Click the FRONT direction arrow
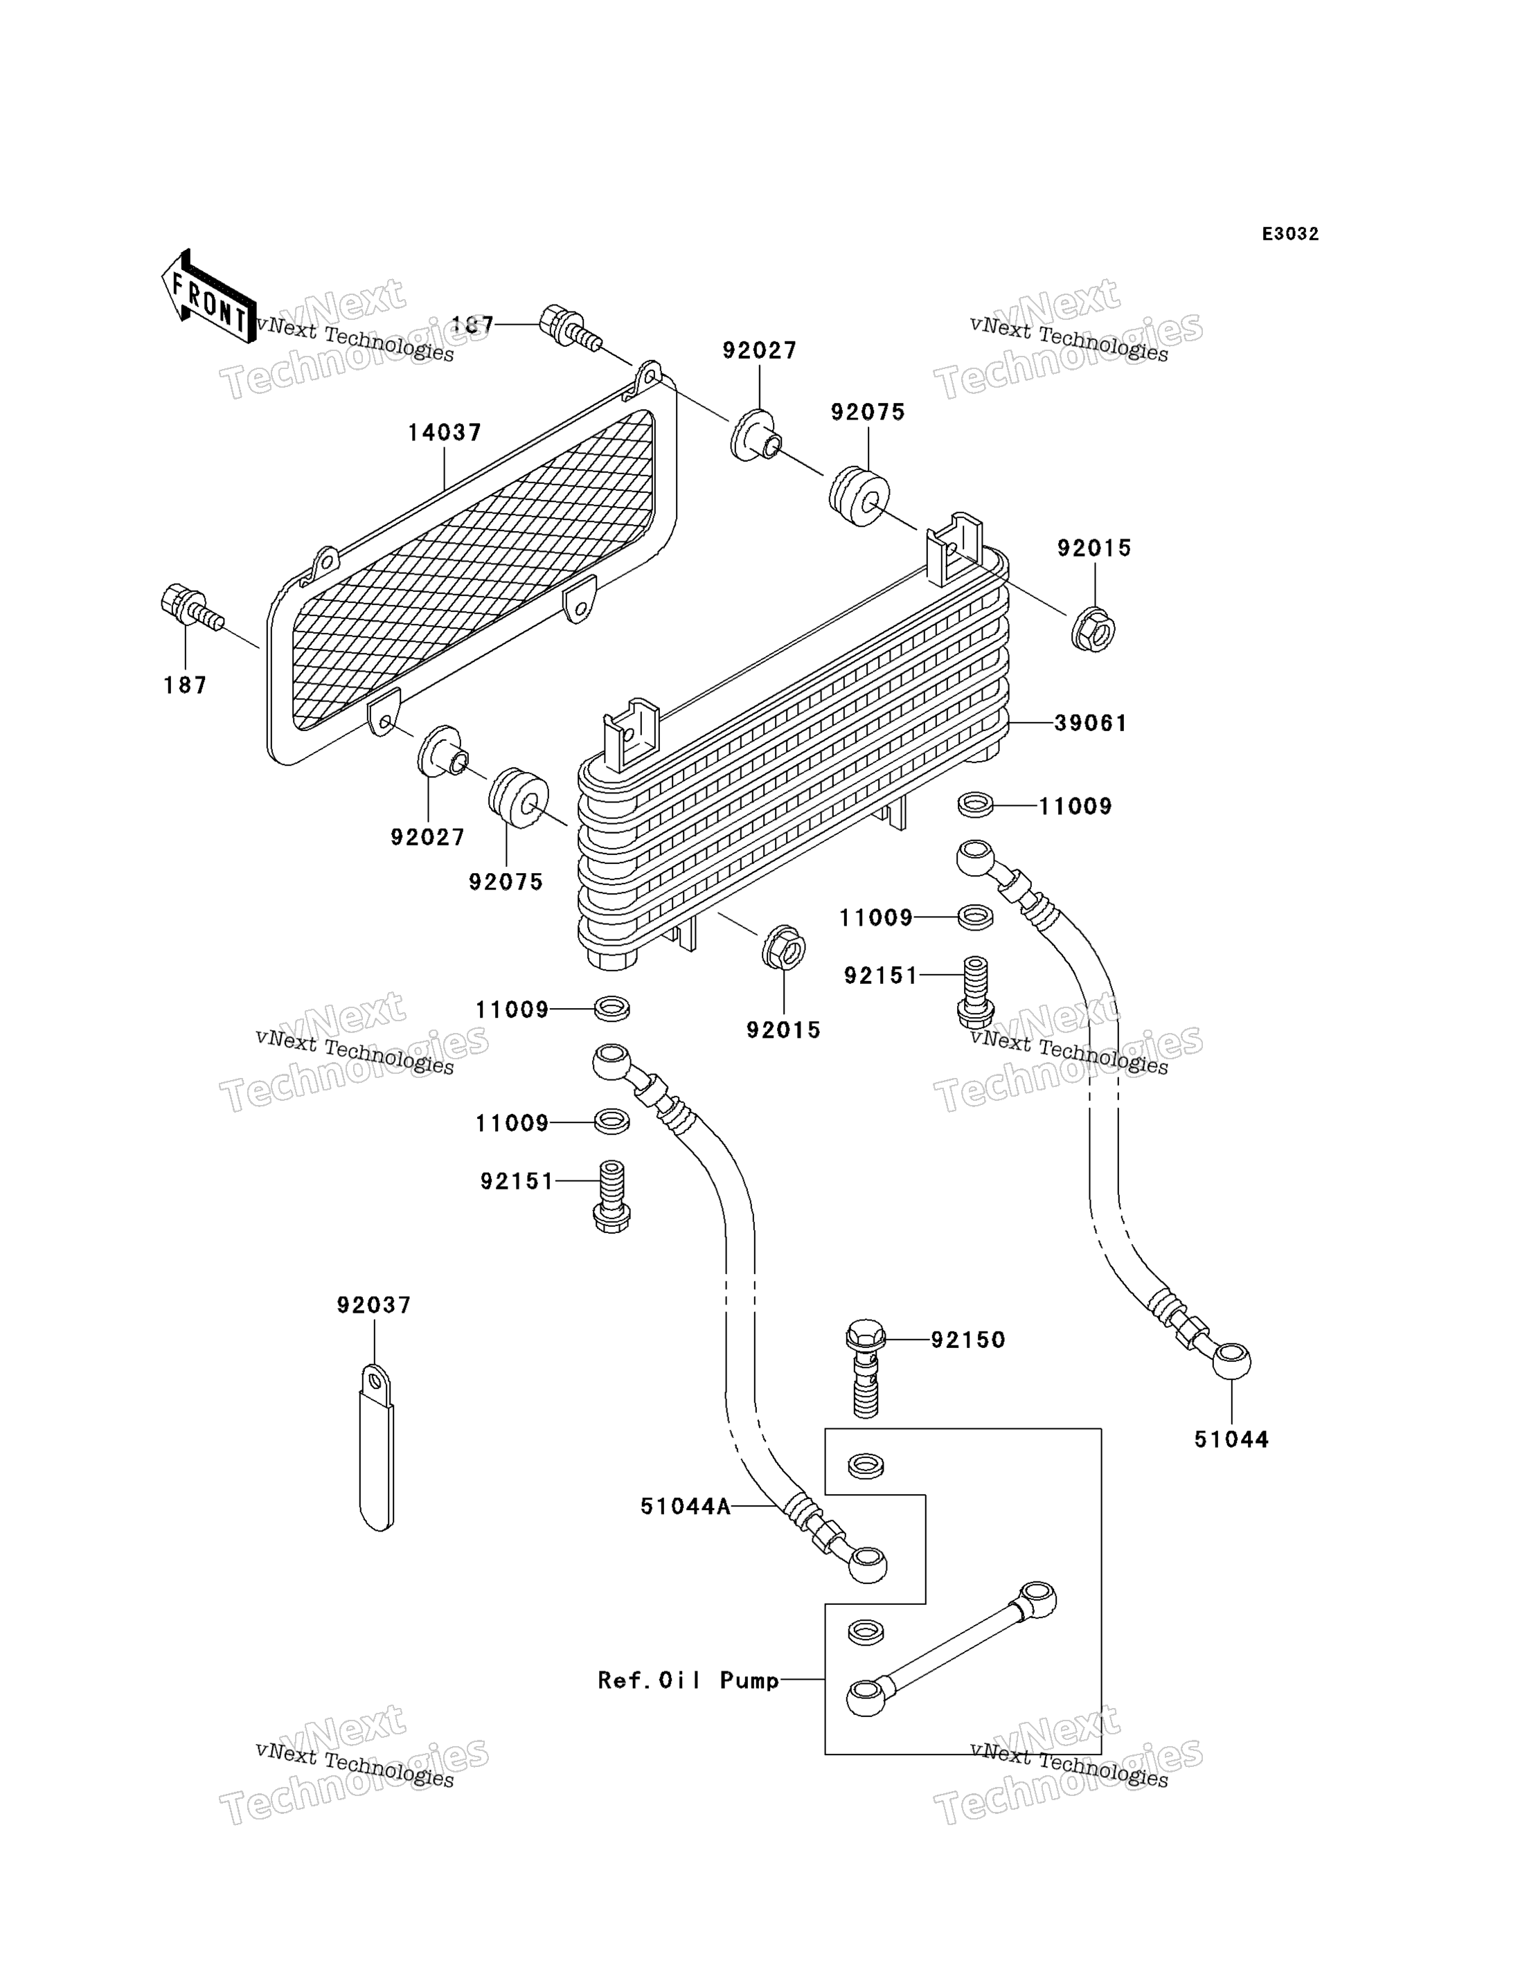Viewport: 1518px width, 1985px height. pyautogui.click(x=207, y=296)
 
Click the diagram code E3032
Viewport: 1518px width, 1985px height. pyautogui.click(x=1290, y=234)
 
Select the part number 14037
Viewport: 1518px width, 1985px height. pyautogui.click(x=445, y=433)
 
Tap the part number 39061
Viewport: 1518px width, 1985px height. pyautogui.click(x=1091, y=723)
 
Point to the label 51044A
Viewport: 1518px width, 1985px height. pyautogui.click(x=685, y=1506)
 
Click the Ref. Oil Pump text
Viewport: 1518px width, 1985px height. pyautogui.click(x=688, y=1680)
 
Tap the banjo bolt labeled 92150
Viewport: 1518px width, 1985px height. pyautogui.click(x=866, y=1369)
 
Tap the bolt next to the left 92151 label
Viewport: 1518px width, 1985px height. pyautogui.click(x=611, y=1196)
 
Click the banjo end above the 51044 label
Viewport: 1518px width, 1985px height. pyautogui.click(x=1231, y=1360)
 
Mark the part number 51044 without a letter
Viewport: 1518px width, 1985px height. pyautogui.click(x=1231, y=1439)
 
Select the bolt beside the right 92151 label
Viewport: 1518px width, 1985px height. pyautogui.click(x=975, y=992)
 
